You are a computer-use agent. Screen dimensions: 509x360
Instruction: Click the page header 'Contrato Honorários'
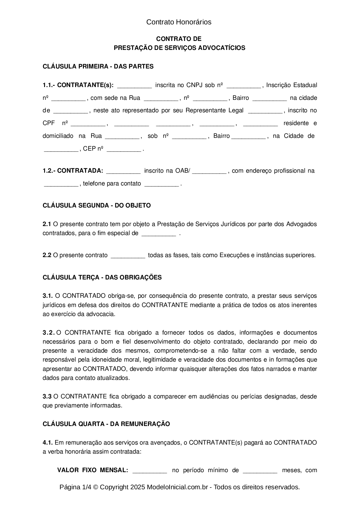179,22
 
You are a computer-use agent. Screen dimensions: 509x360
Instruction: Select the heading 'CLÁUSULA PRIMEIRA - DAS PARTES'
98,66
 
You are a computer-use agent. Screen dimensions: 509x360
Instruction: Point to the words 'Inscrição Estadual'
291,85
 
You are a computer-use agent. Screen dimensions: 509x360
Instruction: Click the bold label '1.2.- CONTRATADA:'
73,171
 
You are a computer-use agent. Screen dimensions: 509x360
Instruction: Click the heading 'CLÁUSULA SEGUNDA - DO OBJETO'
97,205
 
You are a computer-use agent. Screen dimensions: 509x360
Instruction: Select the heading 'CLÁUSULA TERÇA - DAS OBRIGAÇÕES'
102,277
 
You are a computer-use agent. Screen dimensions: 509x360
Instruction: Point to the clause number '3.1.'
47,296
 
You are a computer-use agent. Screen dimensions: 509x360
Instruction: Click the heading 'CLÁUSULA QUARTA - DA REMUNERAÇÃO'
106,424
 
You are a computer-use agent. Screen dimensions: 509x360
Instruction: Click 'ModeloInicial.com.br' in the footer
177,487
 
